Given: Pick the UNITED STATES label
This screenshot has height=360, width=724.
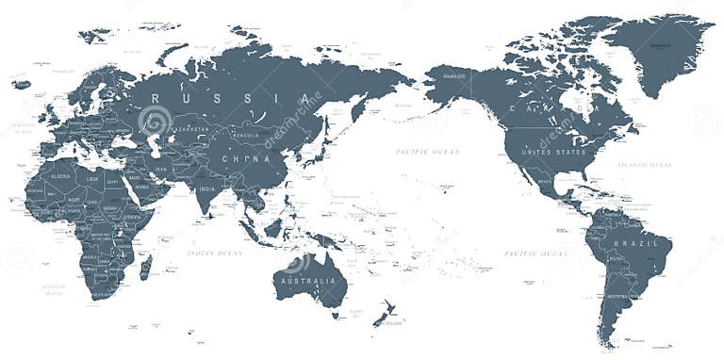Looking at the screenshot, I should tap(554, 151).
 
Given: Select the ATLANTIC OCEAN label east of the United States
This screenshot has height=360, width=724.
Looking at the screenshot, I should tap(644, 164).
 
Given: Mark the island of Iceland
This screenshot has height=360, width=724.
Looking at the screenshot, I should tap(21, 85).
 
